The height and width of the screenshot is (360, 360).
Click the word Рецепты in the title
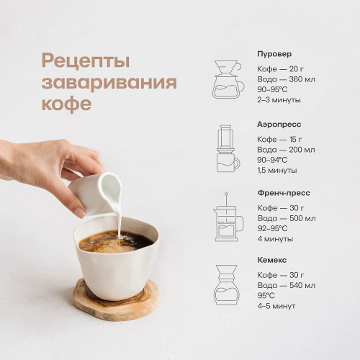pyautogui.click(x=86, y=61)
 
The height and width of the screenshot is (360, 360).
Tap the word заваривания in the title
pyautogui.click(x=109, y=83)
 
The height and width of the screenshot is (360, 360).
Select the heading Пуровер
pyautogui.click(x=274, y=54)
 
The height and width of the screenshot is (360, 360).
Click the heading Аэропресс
pyautogui.click(x=279, y=125)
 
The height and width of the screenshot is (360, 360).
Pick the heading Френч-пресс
pyautogui.click(x=284, y=193)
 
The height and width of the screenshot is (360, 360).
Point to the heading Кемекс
pyautogui.click(x=272, y=260)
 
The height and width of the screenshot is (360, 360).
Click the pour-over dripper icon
pyautogui.click(x=228, y=79)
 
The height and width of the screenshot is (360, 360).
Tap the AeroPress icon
pyautogui.click(x=228, y=148)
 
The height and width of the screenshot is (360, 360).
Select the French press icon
pyautogui.click(x=228, y=217)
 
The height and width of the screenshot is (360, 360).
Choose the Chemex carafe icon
pyautogui.click(x=227, y=285)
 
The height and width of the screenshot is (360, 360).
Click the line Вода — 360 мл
pyautogui.click(x=286, y=79)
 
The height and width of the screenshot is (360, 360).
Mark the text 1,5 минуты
pyautogui.click(x=277, y=171)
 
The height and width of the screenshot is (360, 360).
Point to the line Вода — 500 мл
pyautogui.click(x=287, y=218)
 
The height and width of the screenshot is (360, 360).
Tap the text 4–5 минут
pyautogui.click(x=276, y=306)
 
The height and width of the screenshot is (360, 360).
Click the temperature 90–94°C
pyautogui.click(x=272, y=160)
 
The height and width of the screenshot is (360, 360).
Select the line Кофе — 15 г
pyautogui.click(x=279, y=140)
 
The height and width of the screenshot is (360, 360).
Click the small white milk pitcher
pyautogui.click(x=95, y=193)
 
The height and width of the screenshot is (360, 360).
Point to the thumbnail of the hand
pyautogui.click(x=80, y=212)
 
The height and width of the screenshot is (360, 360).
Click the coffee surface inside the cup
pyautogui.click(x=116, y=241)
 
